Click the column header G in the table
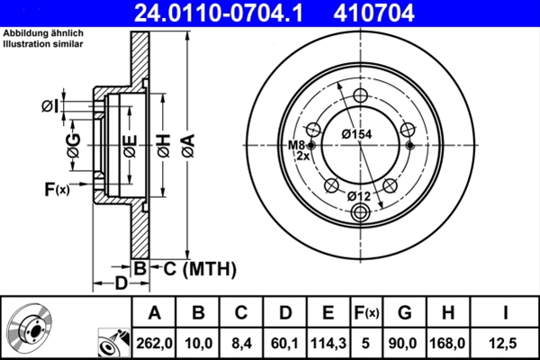404,313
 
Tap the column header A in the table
154,313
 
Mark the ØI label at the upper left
50,106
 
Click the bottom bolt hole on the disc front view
361,212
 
